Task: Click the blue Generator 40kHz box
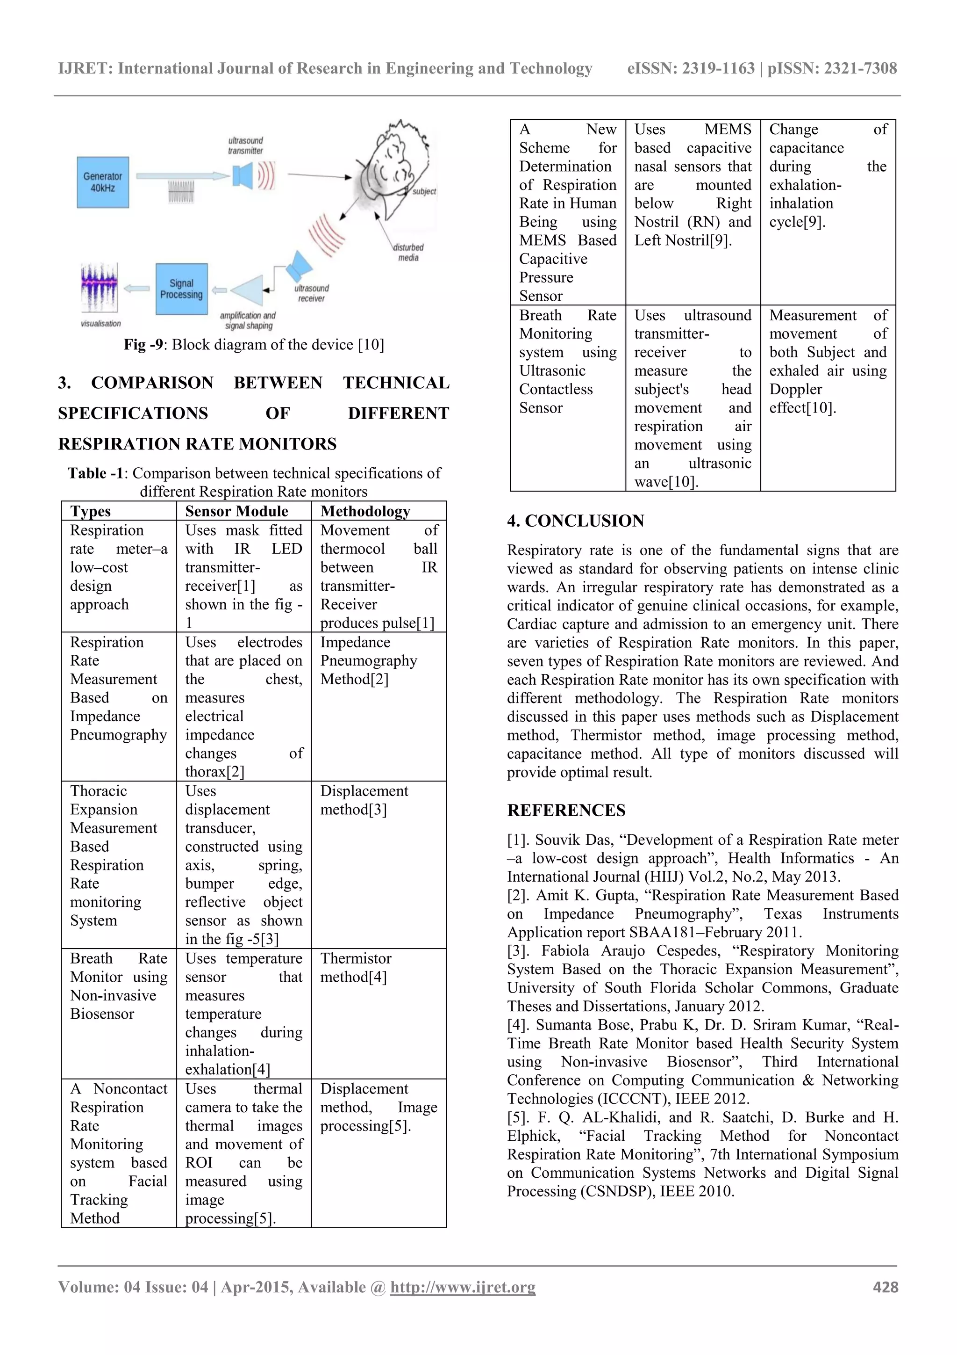[x=103, y=182]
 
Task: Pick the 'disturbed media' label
[x=408, y=253]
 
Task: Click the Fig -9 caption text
[x=254, y=345]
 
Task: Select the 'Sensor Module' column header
[x=236, y=511]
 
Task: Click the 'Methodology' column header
[x=365, y=511]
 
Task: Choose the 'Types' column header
[x=90, y=511]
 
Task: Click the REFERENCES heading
[x=565, y=810]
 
